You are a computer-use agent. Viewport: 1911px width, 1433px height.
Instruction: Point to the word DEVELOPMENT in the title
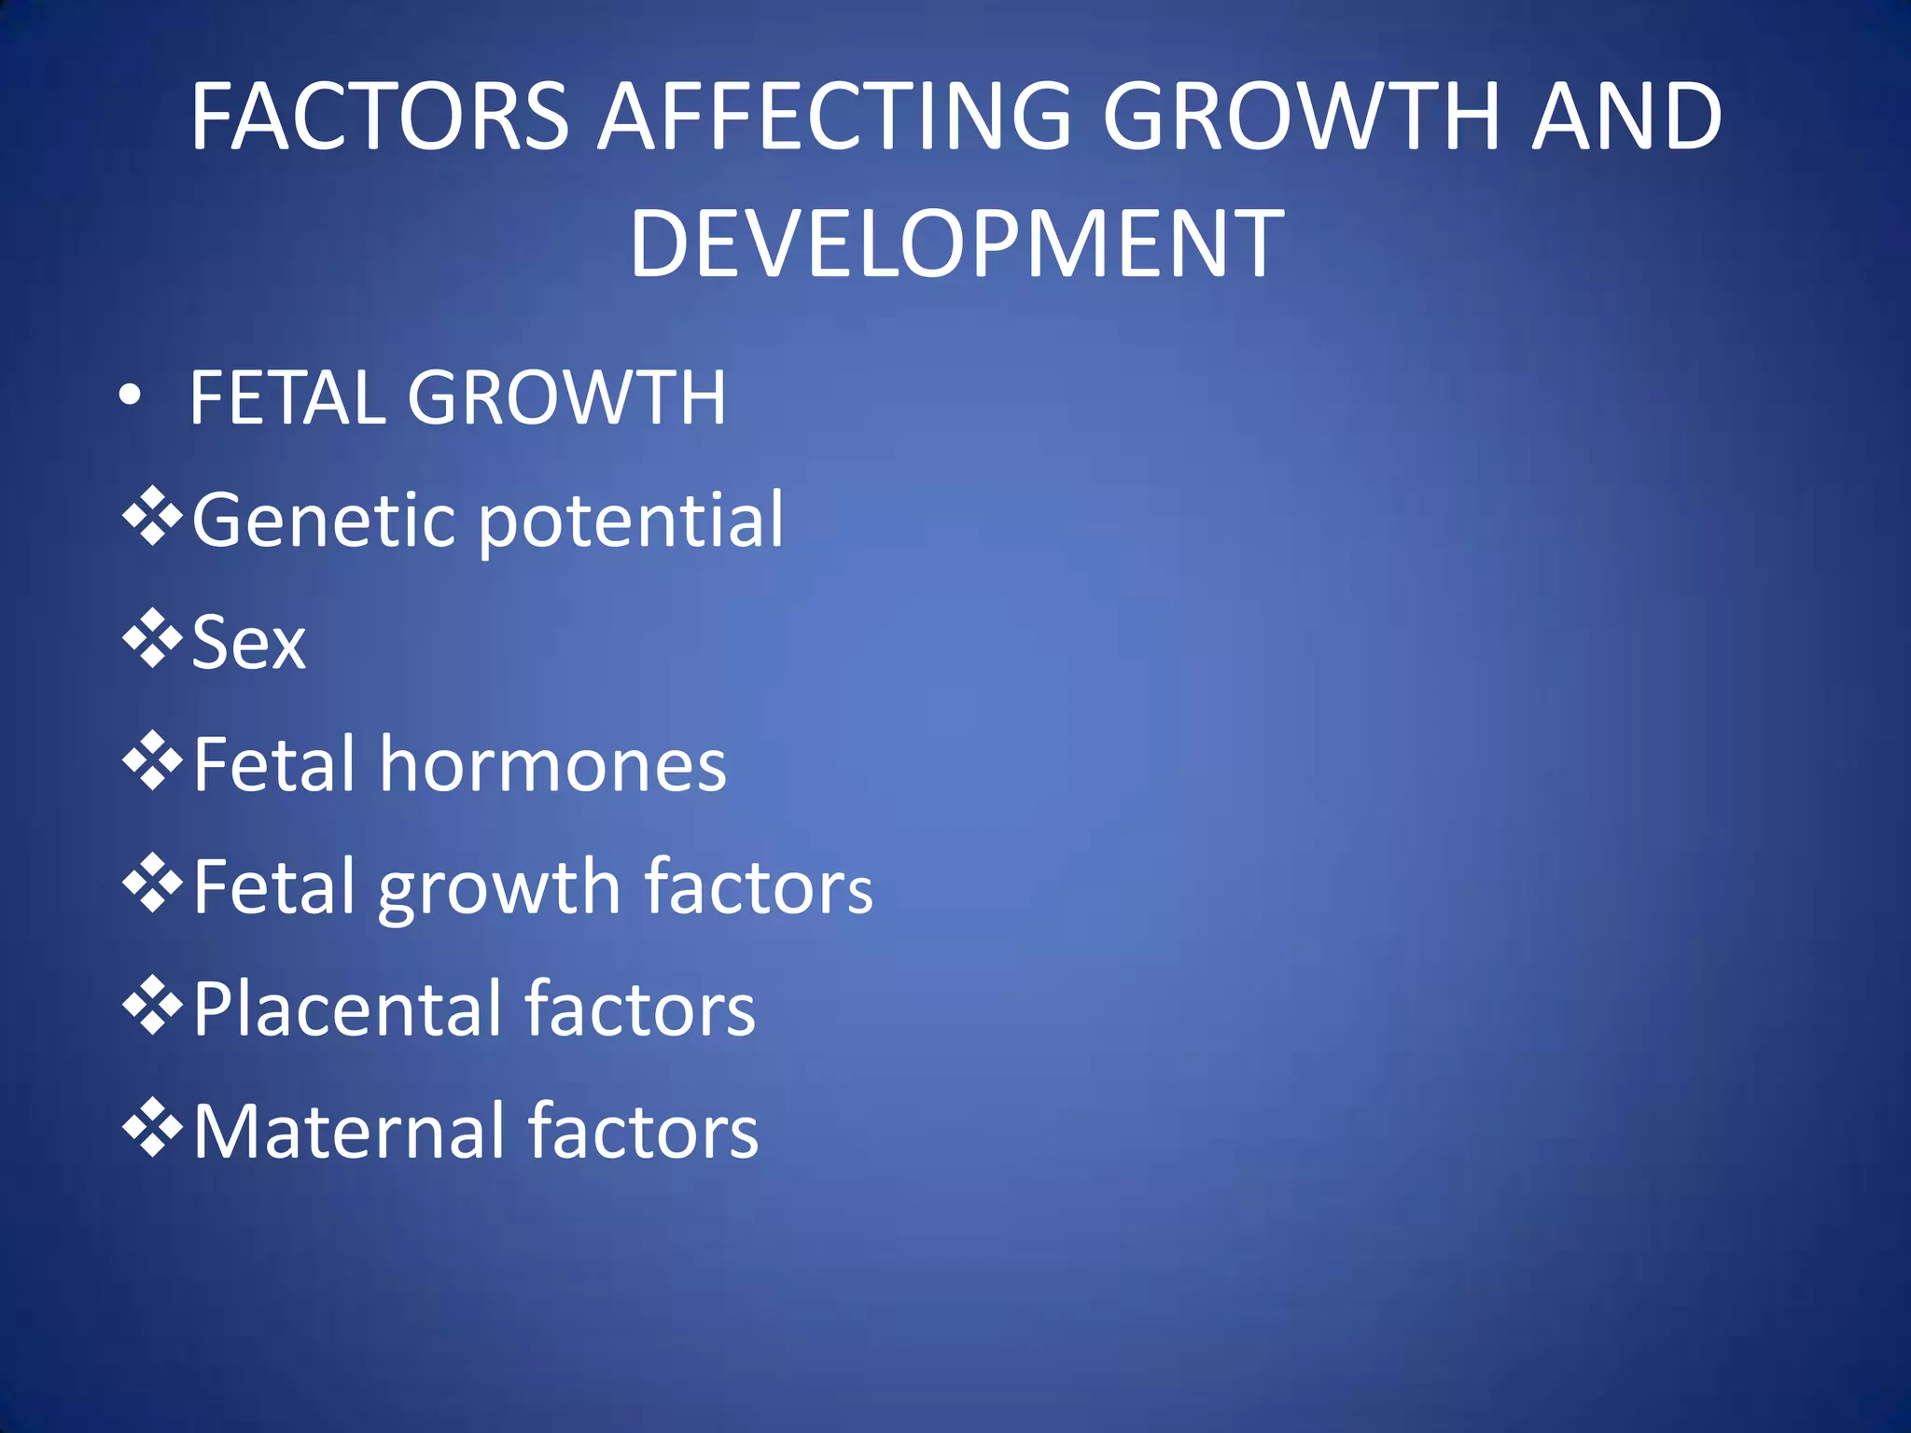tap(956, 243)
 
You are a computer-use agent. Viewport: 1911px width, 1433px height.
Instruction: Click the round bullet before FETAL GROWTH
tap(131, 396)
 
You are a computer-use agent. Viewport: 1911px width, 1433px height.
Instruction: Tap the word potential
tap(631, 522)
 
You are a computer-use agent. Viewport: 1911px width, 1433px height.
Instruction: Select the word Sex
tap(248, 643)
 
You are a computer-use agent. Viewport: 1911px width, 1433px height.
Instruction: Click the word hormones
tap(552, 765)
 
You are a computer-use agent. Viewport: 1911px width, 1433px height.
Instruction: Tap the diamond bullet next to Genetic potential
tap(152, 516)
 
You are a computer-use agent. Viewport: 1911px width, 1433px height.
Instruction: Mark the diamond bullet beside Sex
tap(152, 639)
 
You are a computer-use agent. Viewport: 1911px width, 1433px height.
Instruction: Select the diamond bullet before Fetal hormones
tap(152, 761)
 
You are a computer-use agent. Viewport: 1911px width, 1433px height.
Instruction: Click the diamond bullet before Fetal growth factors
tap(152, 883)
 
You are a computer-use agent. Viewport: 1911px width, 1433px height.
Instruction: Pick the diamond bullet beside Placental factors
tap(152, 1006)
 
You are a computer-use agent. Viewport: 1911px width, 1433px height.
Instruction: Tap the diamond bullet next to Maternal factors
tap(152, 1128)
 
